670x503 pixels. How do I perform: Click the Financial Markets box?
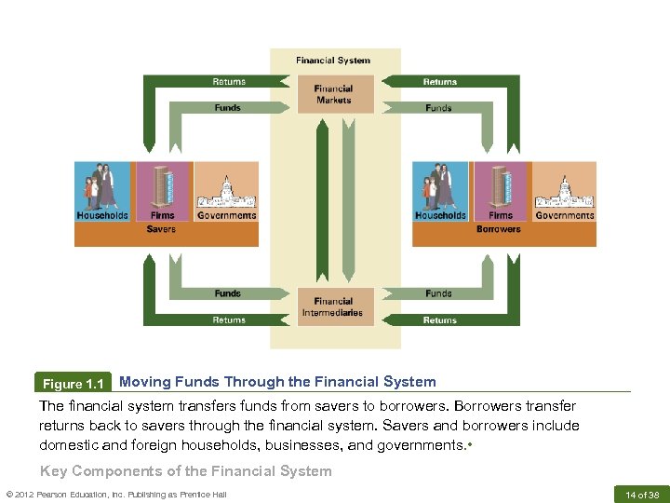[335, 94]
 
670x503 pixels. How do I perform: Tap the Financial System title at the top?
[333, 61]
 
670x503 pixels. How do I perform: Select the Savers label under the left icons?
[161, 229]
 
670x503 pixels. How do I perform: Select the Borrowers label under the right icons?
[499, 229]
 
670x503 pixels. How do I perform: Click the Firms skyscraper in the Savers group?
[163, 186]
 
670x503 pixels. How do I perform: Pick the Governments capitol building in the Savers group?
[226, 191]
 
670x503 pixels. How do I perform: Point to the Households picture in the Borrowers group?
[440, 186]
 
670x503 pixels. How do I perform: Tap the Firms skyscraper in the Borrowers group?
[501, 186]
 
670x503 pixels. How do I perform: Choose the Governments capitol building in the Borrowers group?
[564, 191]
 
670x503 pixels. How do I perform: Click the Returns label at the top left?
[229, 82]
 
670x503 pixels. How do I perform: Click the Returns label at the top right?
[440, 82]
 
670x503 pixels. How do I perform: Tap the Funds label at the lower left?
[228, 293]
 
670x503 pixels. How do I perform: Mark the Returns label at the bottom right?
[440, 319]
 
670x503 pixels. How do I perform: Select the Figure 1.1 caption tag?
[74, 384]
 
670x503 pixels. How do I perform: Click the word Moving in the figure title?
[143, 381]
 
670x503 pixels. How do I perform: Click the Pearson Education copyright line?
[115, 494]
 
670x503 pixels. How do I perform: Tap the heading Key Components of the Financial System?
[185, 470]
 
